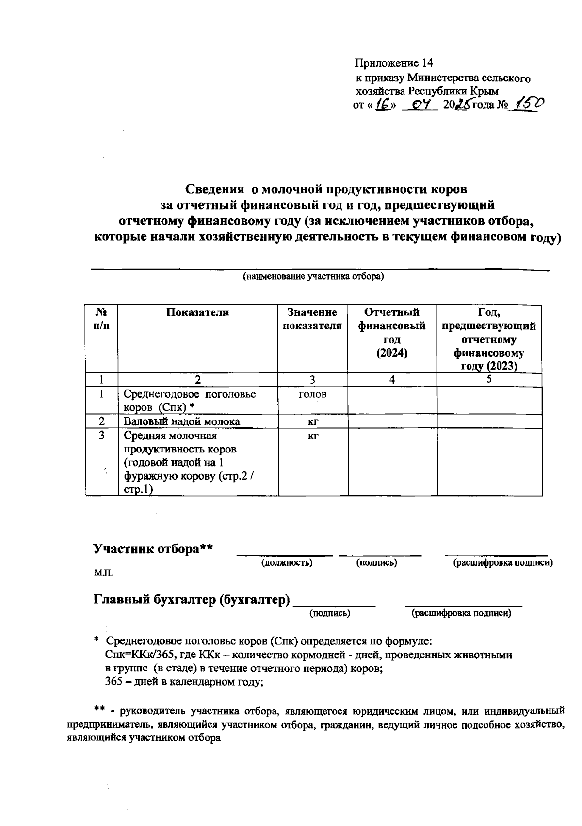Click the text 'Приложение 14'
pos(393,63)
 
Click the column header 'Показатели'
pos(197,312)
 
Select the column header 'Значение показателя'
pos(312,319)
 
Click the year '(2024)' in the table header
pos(392,353)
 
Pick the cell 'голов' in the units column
pos(312,394)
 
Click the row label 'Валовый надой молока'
pos(182,421)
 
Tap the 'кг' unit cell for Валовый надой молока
pos(312,421)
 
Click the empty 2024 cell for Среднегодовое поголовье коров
pos(392,400)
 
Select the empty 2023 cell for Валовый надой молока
pos(489,421)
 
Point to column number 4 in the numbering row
pos(392,380)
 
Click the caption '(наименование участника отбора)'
pos(313,277)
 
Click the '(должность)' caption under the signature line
pos(287,563)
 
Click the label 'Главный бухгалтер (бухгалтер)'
pos(192,600)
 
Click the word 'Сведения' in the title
pos(215,188)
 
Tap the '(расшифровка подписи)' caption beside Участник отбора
pos(503,563)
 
